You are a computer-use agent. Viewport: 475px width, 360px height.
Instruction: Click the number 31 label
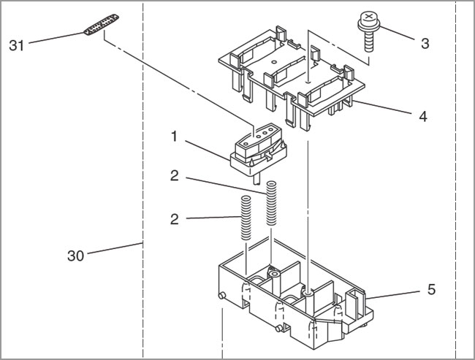pos(17,45)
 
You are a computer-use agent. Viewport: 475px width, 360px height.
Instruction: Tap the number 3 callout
pos(425,42)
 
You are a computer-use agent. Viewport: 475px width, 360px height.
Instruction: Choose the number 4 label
pos(425,115)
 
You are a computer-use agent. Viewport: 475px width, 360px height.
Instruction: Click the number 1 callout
pos(174,135)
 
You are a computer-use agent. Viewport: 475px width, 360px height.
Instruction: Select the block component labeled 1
pos(257,146)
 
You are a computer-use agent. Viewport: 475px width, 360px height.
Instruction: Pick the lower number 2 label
pos(174,218)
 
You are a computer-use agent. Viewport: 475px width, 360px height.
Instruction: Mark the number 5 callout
pos(431,289)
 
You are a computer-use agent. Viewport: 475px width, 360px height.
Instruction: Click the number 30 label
pos(76,256)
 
